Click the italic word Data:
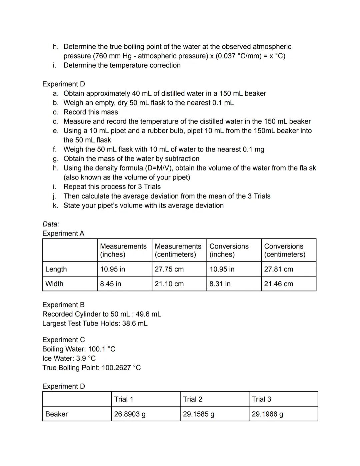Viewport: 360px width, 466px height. (x=51, y=224)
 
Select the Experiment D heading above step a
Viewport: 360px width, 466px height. (x=64, y=84)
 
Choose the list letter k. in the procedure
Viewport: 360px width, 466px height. (x=55, y=205)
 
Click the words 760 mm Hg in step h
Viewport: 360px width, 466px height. (x=113, y=56)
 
